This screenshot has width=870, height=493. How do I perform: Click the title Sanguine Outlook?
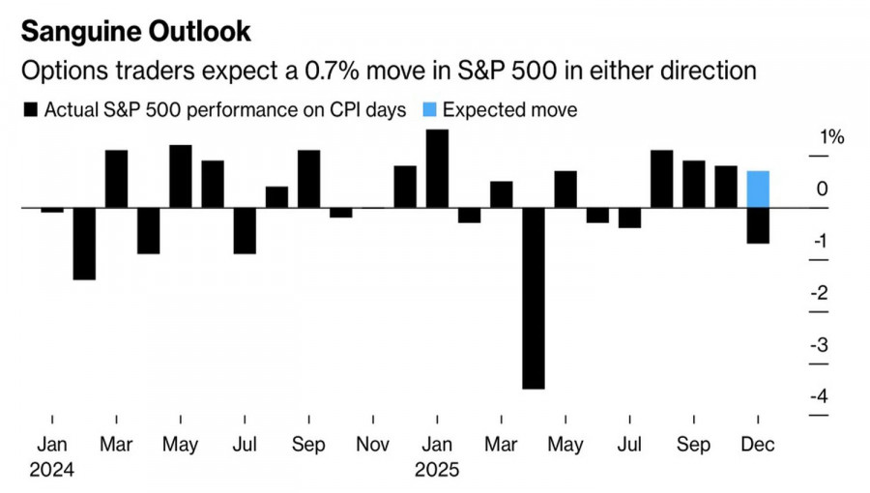[136, 31]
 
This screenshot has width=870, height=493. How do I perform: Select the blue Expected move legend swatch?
[427, 110]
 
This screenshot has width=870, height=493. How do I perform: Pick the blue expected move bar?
[759, 188]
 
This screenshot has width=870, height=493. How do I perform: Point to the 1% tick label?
[831, 137]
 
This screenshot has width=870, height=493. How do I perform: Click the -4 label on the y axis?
[819, 395]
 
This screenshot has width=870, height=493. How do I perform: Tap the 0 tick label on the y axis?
[822, 189]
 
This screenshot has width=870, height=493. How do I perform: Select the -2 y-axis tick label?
[819, 293]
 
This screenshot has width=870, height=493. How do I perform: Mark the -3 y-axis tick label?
[819, 344]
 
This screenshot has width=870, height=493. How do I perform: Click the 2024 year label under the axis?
[52, 471]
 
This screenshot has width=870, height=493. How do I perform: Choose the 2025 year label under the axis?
[437, 471]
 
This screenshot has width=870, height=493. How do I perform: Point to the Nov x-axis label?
[372, 445]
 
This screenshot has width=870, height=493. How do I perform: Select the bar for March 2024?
[116, 179]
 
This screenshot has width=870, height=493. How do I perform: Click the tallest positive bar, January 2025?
[437, 168]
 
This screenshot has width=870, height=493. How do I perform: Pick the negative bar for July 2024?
[245, 230]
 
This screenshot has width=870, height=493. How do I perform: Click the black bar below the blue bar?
[759, 225]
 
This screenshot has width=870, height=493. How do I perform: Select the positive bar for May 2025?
[565, 189]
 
